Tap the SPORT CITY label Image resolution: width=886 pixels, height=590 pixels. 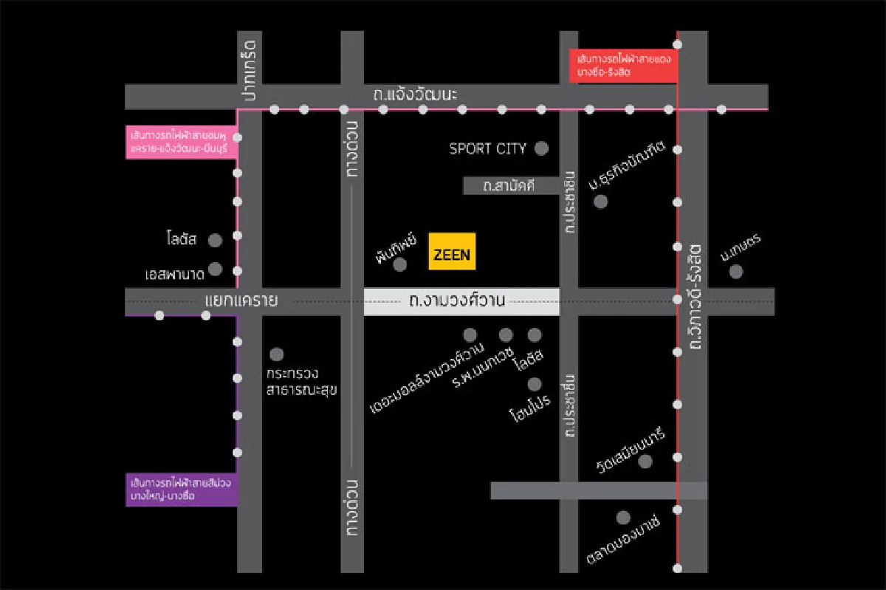pos(487,148)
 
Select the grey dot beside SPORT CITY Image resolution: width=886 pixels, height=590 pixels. pos(541,148)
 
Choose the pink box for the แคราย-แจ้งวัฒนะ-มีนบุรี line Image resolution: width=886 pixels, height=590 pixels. pos(181,143)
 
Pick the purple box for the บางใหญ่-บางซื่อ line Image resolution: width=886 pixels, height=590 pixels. pos(181,490)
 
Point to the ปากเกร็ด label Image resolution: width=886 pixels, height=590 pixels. pos(247,69)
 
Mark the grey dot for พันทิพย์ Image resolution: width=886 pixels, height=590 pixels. pos(400,264)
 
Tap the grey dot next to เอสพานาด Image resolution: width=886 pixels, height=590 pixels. pos(215,269)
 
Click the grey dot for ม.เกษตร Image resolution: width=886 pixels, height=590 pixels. pos(735,272)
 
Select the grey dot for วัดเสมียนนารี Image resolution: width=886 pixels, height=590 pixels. pos(645,462)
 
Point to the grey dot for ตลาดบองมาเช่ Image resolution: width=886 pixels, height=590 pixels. pos(623,518)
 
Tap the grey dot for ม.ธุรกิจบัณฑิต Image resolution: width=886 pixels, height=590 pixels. pos(600,201)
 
